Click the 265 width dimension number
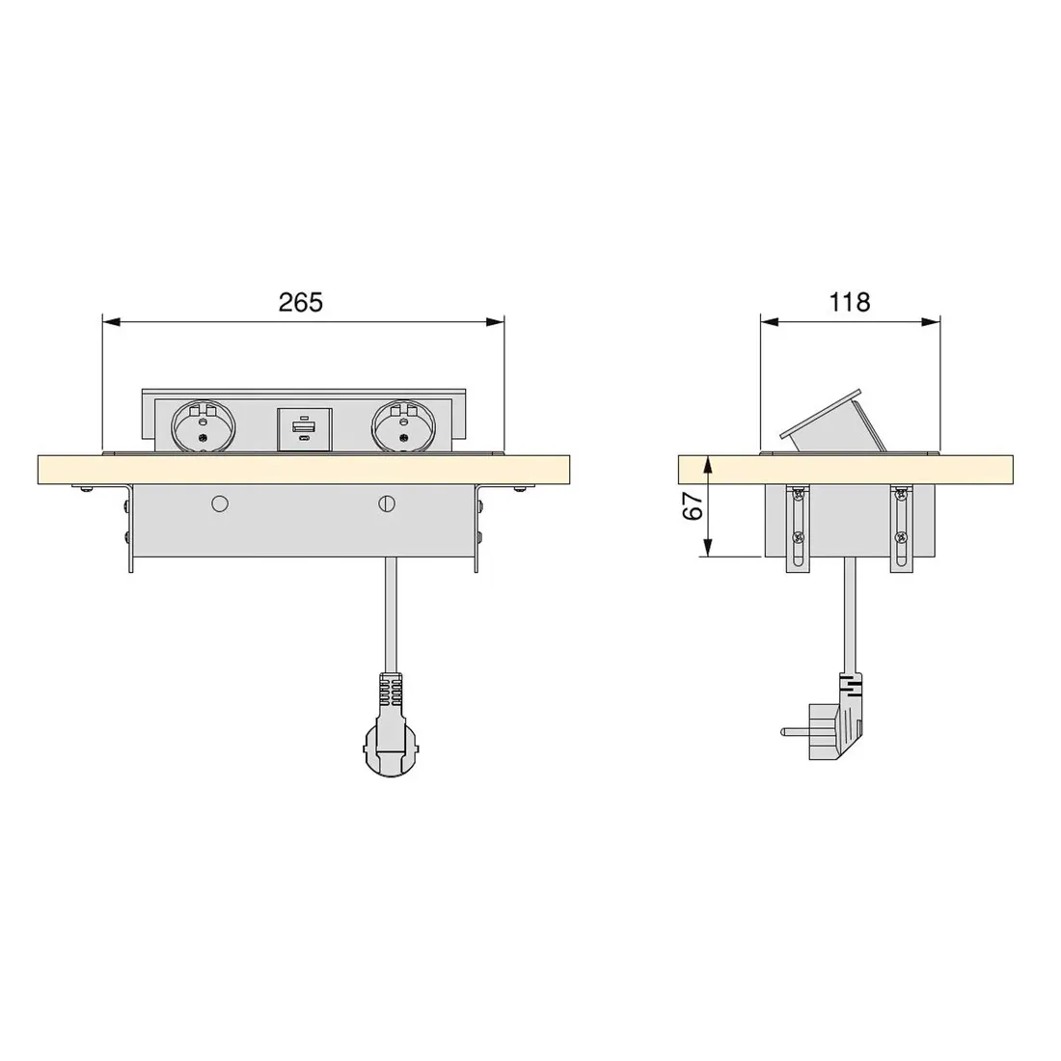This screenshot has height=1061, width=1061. pos(301,302)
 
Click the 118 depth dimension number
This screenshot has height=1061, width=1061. pos(850,302)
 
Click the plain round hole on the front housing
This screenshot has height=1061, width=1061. pos(219,503)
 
